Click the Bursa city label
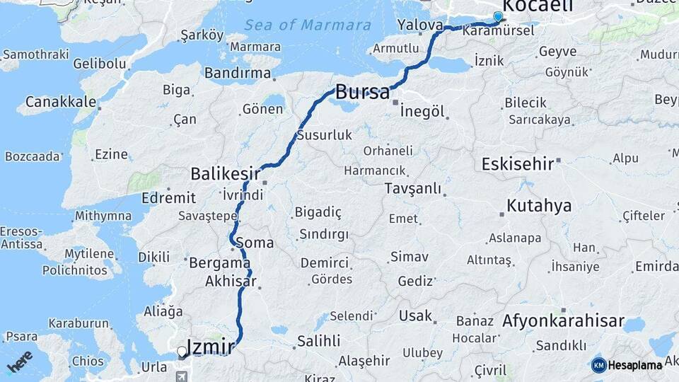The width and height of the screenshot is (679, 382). click(362, 92)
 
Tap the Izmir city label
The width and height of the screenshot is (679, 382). click(214, 347)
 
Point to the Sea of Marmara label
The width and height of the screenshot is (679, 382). click(308, 25)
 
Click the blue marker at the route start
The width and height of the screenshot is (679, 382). click(498, 17)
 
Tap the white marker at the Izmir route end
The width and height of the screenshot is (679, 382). click(182, 352)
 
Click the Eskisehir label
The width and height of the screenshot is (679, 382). click(517, 164)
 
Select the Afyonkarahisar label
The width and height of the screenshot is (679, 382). click(563, 321)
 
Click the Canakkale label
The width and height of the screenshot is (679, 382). click(61, 102)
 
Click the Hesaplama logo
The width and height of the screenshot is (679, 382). click(627, 365)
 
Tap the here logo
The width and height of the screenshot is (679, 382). click(20, 361)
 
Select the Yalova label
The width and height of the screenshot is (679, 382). click(420, 25)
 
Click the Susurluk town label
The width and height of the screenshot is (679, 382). click(324, 135)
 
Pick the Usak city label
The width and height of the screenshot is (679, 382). click(415, 316)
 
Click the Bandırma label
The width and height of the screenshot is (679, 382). click(238, 73)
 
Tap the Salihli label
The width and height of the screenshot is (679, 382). click(318, 341)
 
